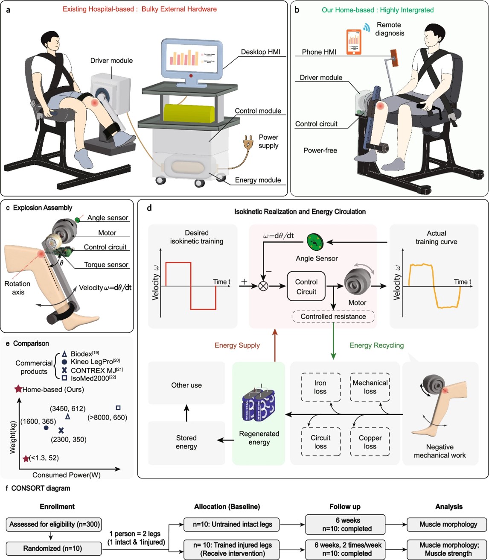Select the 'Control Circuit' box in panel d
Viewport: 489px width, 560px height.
(x=306, y=287)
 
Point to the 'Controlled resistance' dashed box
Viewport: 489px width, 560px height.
(x=333, y=317)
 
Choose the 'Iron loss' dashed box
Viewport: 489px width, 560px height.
(x=320, y=387)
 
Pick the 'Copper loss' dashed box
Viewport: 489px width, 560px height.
(x=370, y=442)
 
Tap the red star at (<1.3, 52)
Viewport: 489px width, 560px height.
(x=26, y=458)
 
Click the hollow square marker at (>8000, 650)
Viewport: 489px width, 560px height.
(x=118, y=408)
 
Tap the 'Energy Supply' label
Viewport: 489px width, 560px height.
(x=237, y=345)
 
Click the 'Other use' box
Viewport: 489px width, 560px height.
(x=186, y=385)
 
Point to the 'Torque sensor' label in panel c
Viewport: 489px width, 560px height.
(x=106, y=265)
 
